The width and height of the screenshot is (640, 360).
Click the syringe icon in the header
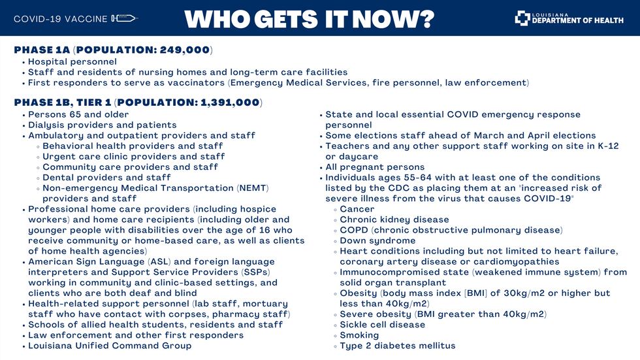point(124,18)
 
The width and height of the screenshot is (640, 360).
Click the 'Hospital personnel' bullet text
point(72,61)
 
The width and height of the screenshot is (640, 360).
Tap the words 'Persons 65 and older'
point(78,114)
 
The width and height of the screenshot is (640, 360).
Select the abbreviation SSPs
point(252,272)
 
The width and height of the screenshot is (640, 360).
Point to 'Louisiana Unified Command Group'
point(110,346)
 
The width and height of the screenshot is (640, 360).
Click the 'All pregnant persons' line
point(375,167)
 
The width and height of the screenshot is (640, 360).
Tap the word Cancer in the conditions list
point(357,209)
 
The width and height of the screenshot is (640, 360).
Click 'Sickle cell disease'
point(382,325)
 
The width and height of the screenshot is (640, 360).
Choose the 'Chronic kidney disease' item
point(394,220)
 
